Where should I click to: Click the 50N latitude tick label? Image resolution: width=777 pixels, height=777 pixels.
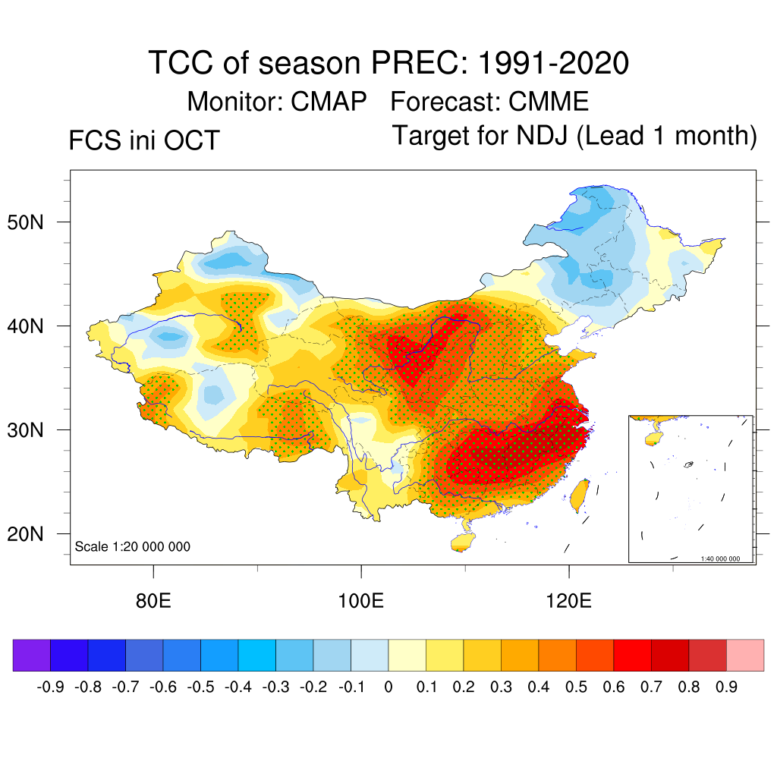click(33, 223)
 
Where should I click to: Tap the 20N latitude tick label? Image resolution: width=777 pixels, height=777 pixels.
click(33, 535)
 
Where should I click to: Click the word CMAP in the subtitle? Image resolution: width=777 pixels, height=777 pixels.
click(329, 102)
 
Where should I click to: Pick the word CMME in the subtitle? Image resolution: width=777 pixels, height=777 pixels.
click(549, 102)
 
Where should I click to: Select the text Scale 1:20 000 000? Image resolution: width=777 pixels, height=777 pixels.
click(133, 546)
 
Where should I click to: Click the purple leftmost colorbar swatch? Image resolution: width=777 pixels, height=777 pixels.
click(31, 655)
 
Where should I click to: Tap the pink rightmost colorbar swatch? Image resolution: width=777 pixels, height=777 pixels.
click(745, 655)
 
